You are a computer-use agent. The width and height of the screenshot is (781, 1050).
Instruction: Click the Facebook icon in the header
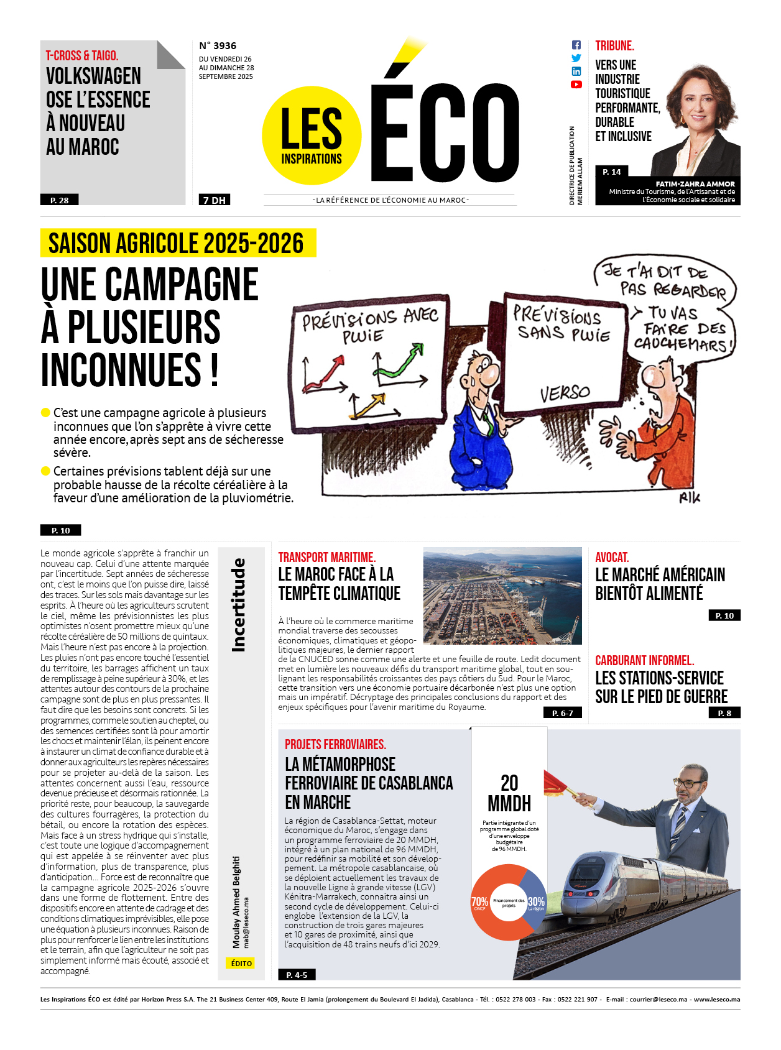(x=576, y=45)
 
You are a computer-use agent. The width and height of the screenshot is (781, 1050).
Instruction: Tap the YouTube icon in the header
(x=576, y=85)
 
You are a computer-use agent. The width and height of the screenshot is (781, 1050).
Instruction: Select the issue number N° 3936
(x=218, y=46)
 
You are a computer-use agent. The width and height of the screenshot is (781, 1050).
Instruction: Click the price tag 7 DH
(x=215, y=200)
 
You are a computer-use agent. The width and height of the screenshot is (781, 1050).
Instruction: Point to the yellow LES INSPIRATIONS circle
(x=312, y=136)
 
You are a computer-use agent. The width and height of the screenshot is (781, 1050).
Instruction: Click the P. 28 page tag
(x=60, y=200)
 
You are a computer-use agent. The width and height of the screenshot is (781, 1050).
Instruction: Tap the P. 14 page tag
(x=612, y=172)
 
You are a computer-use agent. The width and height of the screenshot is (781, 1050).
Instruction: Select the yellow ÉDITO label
(x=241, y=963)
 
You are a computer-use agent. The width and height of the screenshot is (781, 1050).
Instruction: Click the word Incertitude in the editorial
(x=238, y=605)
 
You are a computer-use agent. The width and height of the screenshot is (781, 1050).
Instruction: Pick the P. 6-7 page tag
(x=563, y=713)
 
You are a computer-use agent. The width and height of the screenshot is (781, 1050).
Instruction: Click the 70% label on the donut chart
(x=479, y=902)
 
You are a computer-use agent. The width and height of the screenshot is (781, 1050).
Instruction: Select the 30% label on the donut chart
(x=536, y=902)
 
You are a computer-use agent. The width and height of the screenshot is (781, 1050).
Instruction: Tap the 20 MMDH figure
(x=509, y=793)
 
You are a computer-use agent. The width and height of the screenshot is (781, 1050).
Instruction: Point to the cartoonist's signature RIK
(x=690, y=497)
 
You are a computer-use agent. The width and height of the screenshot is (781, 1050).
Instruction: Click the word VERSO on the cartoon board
(x=565, y=394)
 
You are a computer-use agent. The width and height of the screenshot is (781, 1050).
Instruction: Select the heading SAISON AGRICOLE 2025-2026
(x=177, y=243)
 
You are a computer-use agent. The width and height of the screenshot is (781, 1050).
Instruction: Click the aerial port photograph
(x=502, y=596)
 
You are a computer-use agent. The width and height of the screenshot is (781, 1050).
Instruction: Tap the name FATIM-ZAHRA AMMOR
(x=695, y=184)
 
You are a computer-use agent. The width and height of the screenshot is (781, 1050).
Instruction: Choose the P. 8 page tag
(x=724, y=713)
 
